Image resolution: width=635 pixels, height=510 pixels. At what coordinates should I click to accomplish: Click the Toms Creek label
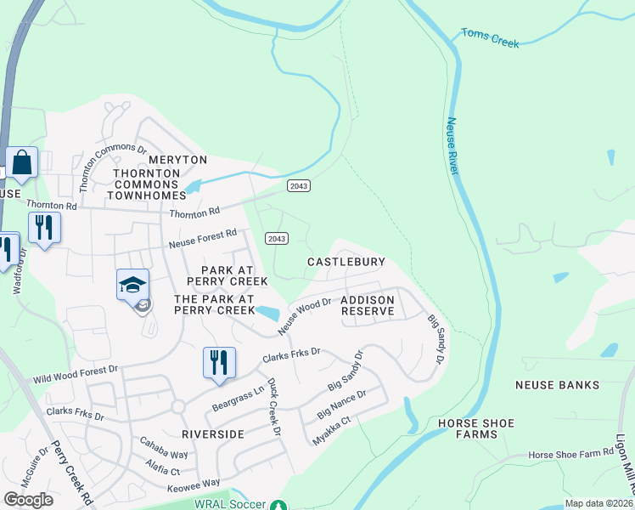pyautogui.click(x=490, y=37)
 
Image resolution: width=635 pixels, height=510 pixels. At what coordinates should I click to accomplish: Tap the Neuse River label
pyautogui.click(x=452, y=146)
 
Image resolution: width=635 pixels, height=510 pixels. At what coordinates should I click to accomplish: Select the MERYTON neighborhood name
pyautogui.click(x=177, y=160)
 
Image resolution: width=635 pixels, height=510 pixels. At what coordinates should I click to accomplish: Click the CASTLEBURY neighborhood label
pyautogui.click(x=346, y=263)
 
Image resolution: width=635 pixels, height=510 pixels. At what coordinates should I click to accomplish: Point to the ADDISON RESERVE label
pyautogui.click(x=368, y=306)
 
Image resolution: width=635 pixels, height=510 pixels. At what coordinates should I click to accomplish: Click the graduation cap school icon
pyautogui.click(x=133, y=286)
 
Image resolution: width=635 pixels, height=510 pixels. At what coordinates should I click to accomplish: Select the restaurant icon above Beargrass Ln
pyautogui.click(x=219, y=362)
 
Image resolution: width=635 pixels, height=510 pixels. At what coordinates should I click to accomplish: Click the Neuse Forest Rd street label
pyautogui.click(x=201, y=238)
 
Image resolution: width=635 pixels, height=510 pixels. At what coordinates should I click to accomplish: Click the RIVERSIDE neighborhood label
pyautogui.click(x=213, y=433)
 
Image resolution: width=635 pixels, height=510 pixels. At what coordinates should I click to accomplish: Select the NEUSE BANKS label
pyautogui.click(x=557, y=385)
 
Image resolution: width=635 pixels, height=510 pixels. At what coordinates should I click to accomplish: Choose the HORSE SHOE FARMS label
pyautogui.click(x=476, y=428)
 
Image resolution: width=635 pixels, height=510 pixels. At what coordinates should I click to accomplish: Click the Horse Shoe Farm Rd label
pyautogui.click(x=570, y=455)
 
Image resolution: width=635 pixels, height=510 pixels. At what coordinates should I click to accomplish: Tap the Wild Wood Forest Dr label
pyautogui.click(x=77, y=373)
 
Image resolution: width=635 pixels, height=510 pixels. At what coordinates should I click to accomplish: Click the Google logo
pyautogui.click(x=28, y=500)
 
